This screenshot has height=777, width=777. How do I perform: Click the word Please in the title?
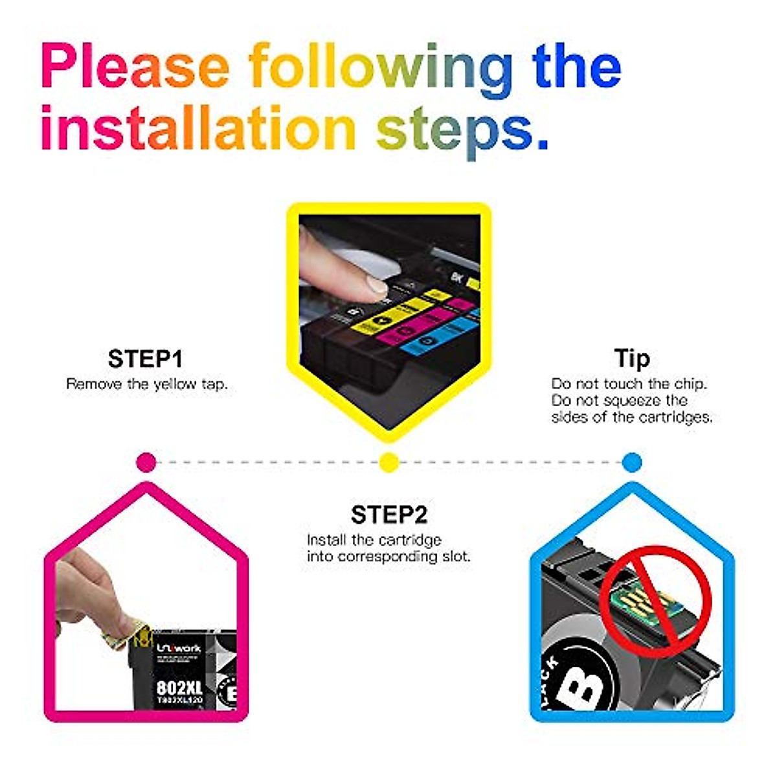[135, 67]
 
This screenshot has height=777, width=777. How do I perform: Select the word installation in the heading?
[197, 128]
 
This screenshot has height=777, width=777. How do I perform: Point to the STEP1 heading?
[146, 359]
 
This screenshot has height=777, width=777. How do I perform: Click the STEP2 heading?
[389, 515]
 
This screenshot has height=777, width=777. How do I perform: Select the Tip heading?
[631, 358]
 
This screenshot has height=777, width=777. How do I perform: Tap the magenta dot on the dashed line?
[147, 462]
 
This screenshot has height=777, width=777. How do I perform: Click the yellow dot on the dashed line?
[388, 462]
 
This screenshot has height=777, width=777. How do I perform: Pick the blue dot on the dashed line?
[631, 462]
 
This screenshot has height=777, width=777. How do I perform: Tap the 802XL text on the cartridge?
[179, 687]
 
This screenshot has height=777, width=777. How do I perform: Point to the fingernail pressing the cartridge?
[374, 284]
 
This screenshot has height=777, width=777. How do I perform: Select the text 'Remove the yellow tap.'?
[147, 384]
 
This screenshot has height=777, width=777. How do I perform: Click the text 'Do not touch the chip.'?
[629, 384]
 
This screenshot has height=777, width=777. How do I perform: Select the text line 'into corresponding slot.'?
[388, 556]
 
